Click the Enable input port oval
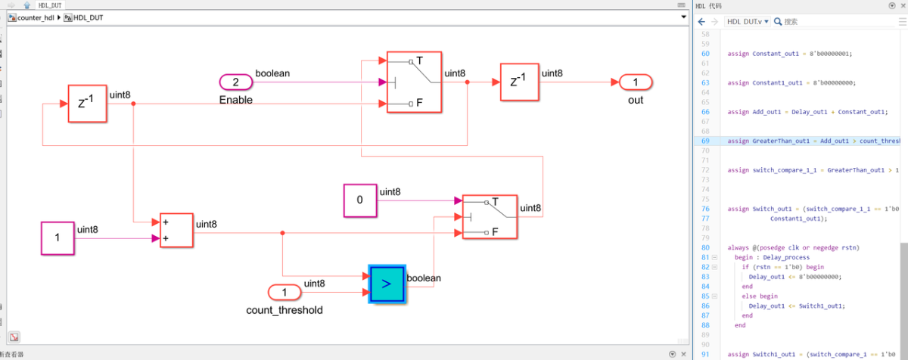click(235, 82)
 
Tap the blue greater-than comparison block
click(387, 284)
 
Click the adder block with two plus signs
click(176, 231)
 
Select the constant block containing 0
click(359, 200)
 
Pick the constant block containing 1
click(58, 238)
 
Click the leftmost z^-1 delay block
click(88, 104)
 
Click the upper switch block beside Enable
click(414, 82)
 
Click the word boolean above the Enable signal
click(272, 73)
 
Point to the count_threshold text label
click(285, 310)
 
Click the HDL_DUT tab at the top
click(51, 5)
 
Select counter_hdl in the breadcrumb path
click(36, 17)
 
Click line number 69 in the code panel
click(705, 141)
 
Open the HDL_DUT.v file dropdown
click(748, 22)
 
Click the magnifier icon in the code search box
click(778, 22)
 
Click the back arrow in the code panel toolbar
click(701, 22)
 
